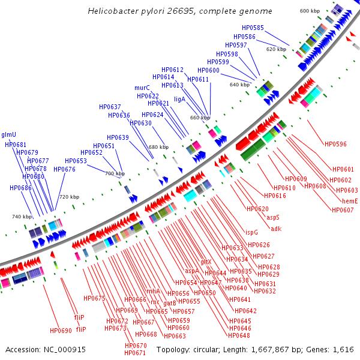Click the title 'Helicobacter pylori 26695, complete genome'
point(179,11)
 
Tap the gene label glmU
point(9,134)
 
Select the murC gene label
point(142,88)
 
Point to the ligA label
point(180,99)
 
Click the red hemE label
point(350,201)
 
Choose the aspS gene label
point(273,217)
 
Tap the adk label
point(276,229)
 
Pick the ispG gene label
point(251,232)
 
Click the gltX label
point(206,262)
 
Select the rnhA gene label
point(154,291)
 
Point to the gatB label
point(170,303)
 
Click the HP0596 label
point(335,144)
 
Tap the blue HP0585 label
point(253,28)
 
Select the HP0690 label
point(61,331)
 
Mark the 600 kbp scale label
point(310,11)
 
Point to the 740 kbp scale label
point(22,217)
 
